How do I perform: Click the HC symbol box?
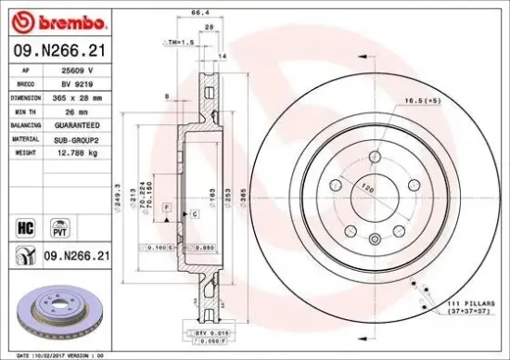[x=26, y=226]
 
